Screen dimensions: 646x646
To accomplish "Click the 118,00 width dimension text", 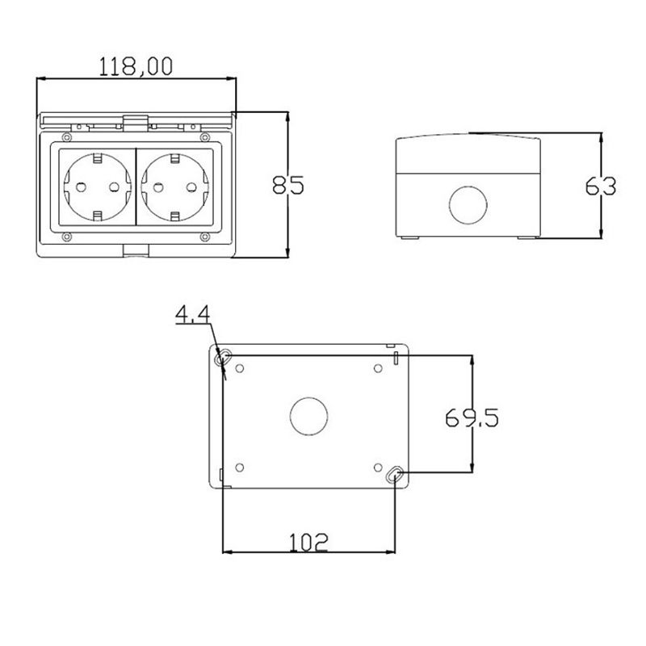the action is pyautogui.click(x=136, y=67).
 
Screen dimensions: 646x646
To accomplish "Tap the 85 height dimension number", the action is pyautogui.click(x=288, y=185).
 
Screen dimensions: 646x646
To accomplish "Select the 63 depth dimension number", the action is pyautogui.click(x=600, y=187).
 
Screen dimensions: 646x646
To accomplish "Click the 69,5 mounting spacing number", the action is pyautogui.click(x=472, y=417).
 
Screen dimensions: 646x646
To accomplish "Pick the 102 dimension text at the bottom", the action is pyautogui.click(x=308, y=542).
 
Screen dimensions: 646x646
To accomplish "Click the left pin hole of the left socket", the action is pyautogui.click(x=82, y=187).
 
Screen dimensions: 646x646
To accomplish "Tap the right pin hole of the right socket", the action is pyautogui.click(x=191, y=187).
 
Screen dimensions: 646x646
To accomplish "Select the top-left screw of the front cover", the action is pyautogui.click(x=66, y=136).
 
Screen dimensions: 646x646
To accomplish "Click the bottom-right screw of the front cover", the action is pyautogui.click(x=205, y=237).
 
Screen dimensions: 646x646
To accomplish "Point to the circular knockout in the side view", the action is pyautogui.click(x=468, y=205).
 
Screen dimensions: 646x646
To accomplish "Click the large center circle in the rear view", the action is pyautogui.click(x=309, y=416).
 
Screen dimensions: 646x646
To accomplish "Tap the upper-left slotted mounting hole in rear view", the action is pyautogui.click(x=223, y=357).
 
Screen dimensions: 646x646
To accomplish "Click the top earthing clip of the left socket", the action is pyautogui.click(x=97, y=157).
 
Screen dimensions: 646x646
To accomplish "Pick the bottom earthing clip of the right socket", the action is pyautogui.click(x=174, y=216).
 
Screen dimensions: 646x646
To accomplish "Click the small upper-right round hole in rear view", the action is pyautogui.click(x=378, y=368).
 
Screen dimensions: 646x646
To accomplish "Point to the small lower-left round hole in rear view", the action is pyautogui.click(x=239, y=468).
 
